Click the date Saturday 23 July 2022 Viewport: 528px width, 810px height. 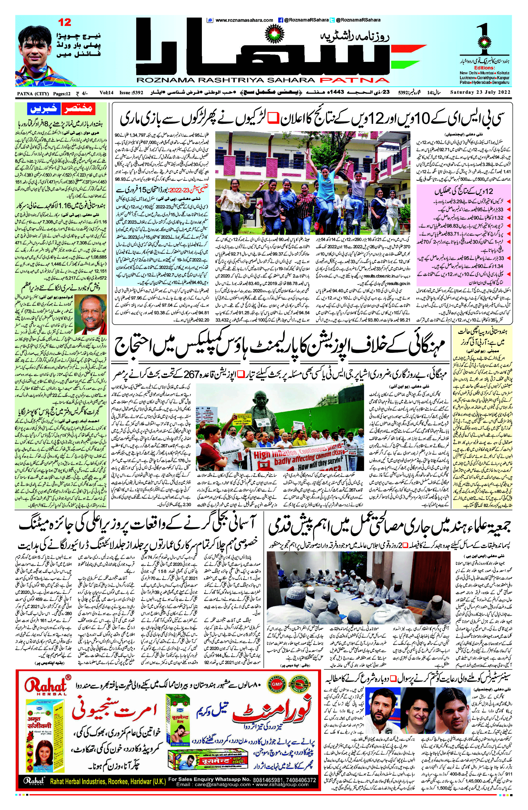pos(480,92)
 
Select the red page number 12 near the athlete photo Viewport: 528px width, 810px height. pos(65,22)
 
